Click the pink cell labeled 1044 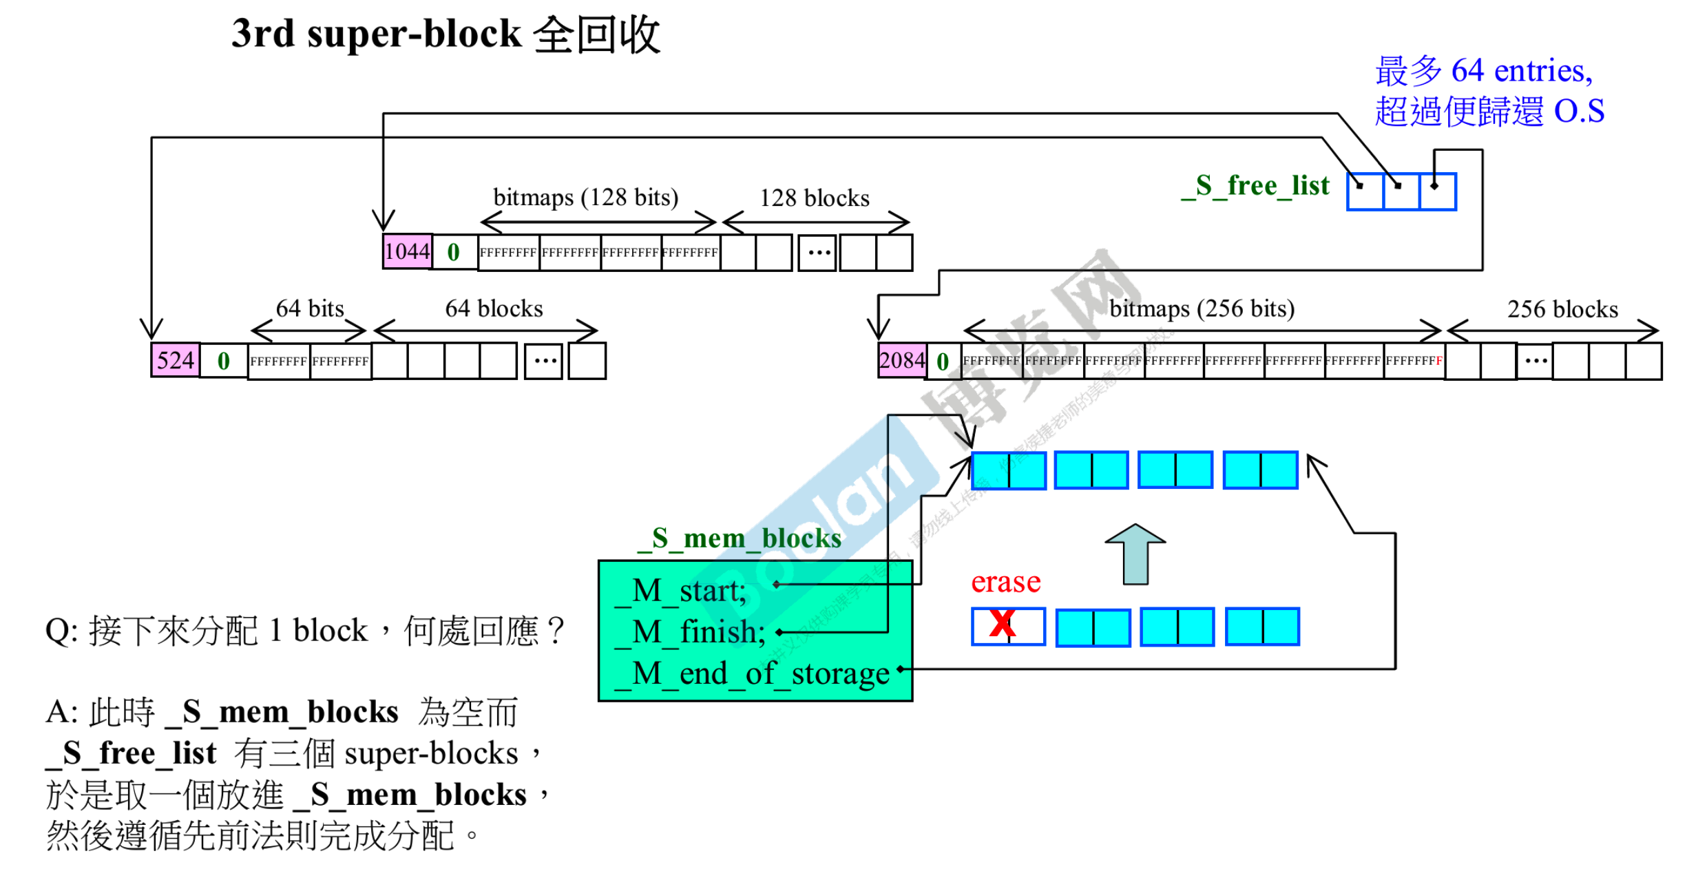coord(407,251)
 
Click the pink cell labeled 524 coord(175,360)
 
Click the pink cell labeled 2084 coord(901,360)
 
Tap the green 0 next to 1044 coord(453,252)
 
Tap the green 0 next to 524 coord(223,361)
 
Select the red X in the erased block coord(1003,624)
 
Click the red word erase coord(1005,583)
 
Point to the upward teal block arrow coord(1135,554)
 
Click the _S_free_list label coord(1255,186)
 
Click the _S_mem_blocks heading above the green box coord(740,538)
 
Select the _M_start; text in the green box coord(680,591)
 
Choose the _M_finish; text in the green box coord(690,631)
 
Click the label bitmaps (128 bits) coord(585,198)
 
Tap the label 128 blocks coord(814,198)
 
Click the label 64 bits coord(310,308)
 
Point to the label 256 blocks coord(1562,309)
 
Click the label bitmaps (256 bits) coord(1202,308)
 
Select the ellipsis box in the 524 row coord(544,361)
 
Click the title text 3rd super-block coord(376,34)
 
